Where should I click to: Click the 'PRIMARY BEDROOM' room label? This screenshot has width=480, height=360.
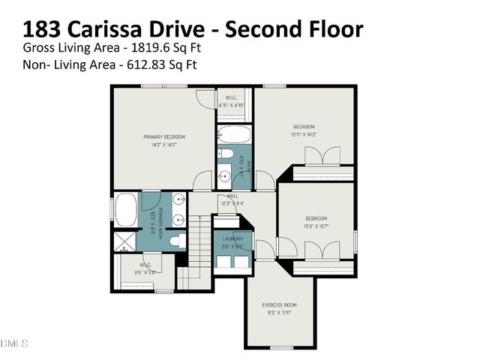164,136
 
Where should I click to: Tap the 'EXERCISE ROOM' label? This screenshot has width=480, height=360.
280,304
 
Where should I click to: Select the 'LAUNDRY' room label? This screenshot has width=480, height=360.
231,239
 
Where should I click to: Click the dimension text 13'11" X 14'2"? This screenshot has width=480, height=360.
304,134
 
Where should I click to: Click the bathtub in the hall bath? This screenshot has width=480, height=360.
234,136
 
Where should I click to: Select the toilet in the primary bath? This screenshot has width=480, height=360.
175,241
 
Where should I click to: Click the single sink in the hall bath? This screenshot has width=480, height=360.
223,178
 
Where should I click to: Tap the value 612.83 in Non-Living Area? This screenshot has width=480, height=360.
151,64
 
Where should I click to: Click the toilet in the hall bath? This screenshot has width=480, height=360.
225,155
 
